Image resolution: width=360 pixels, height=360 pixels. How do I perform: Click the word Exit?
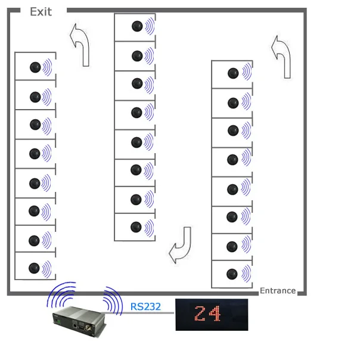point(41,11)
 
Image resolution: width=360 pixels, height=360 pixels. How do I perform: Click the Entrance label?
point(278,291)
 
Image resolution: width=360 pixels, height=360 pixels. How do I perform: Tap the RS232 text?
point(145,308)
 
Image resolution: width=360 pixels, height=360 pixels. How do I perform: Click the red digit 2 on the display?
point(201,314)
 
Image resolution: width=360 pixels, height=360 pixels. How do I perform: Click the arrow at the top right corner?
point(281,55)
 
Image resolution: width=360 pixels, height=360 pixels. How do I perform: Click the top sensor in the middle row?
point(138,26)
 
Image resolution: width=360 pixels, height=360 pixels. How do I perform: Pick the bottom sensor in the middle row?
point(136,227)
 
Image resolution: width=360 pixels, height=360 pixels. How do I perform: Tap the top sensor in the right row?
point(233,73)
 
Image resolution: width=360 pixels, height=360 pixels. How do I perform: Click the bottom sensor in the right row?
point(232,275)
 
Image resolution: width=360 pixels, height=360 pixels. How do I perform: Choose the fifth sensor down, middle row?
point(136,142)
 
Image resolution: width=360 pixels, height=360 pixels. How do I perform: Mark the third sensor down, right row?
point(233,131)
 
